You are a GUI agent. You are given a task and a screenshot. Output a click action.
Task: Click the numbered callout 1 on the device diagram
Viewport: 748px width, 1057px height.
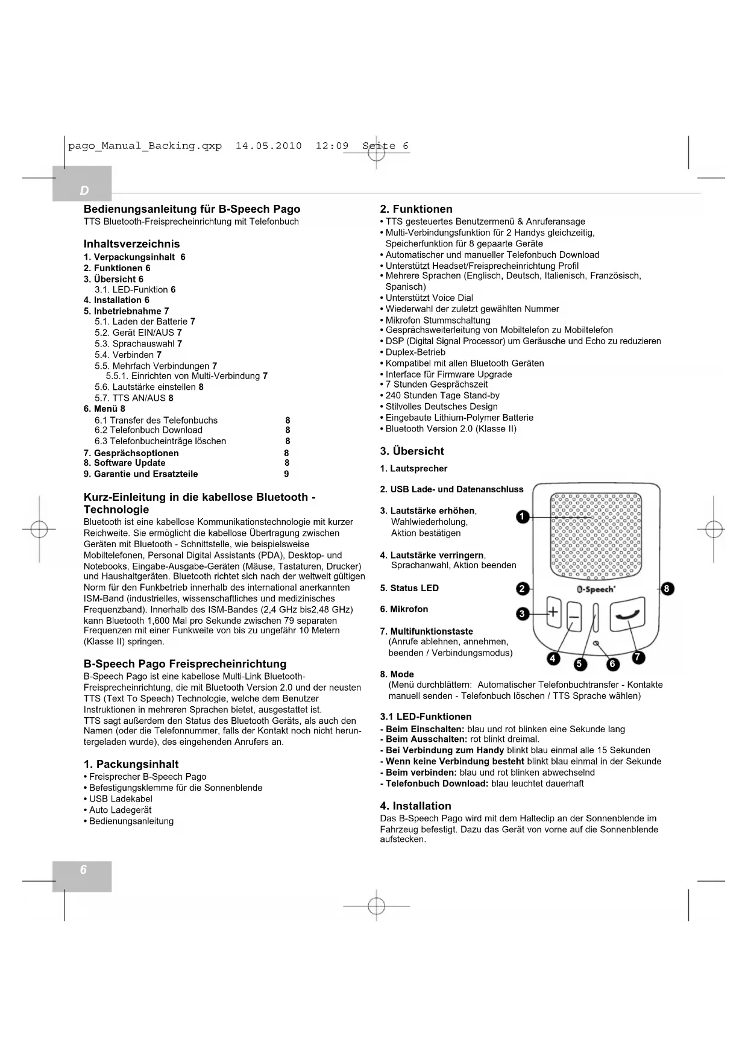click(523, 516)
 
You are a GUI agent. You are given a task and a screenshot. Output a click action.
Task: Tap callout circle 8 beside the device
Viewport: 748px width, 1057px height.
click(667, 589)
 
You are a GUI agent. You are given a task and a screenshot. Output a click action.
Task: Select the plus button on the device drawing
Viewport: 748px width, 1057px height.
click(553, 613)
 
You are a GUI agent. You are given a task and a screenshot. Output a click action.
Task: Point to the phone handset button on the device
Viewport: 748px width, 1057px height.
click(627, 615)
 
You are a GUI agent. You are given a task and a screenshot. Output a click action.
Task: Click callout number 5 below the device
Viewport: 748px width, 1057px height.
click(580, 664)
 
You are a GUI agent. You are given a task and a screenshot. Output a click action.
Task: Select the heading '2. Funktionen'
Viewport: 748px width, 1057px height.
click(416, 209)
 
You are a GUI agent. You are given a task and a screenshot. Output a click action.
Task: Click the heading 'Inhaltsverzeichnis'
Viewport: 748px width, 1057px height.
click(131, 244)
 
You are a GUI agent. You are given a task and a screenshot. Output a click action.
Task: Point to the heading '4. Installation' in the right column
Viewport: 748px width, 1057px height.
click(415, 806)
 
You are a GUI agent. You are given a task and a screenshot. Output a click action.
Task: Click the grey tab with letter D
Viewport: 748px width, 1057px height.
click(83, 190)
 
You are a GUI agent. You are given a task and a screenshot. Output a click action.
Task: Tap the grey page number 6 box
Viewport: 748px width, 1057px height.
click(83, 870)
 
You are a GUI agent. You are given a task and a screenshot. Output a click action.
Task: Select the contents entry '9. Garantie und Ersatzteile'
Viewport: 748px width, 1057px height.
click(141, 474)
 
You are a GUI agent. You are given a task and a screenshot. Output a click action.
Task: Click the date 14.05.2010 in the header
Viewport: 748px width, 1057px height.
click(268, 146)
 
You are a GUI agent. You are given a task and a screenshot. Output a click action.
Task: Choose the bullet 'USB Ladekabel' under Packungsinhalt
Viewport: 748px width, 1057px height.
click(121, 799)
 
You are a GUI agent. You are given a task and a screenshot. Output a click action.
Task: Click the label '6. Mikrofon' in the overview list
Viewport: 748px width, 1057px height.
click(404, 609)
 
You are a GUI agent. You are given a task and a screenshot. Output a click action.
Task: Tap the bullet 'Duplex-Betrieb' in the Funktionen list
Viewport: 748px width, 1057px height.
click(415, 353)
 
